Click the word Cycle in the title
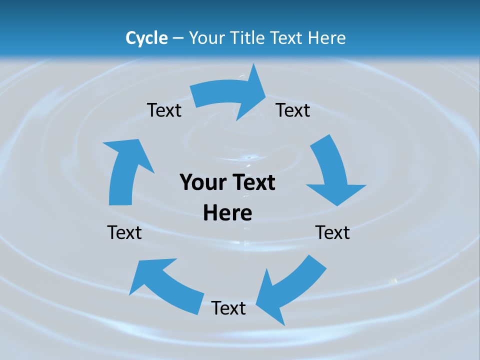[146, 38]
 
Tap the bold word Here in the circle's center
[227, 213]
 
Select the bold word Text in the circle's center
[252, 182]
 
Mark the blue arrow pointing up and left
[165, 285]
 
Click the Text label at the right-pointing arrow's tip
[293, 110]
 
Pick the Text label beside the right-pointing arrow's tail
[164, 110]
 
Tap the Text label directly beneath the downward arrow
[332, 232]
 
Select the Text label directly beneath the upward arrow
[124, 232]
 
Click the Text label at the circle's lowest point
[228, 308]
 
